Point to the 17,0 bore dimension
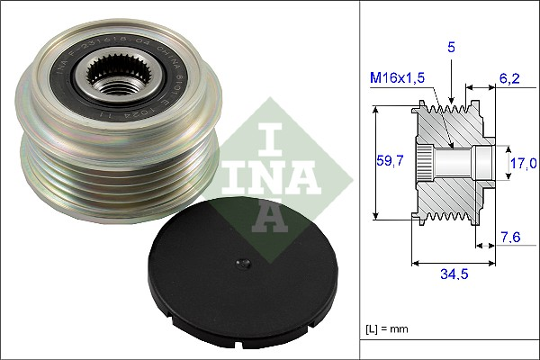(x=524, y=163)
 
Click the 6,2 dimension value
(x=510, y=78)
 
